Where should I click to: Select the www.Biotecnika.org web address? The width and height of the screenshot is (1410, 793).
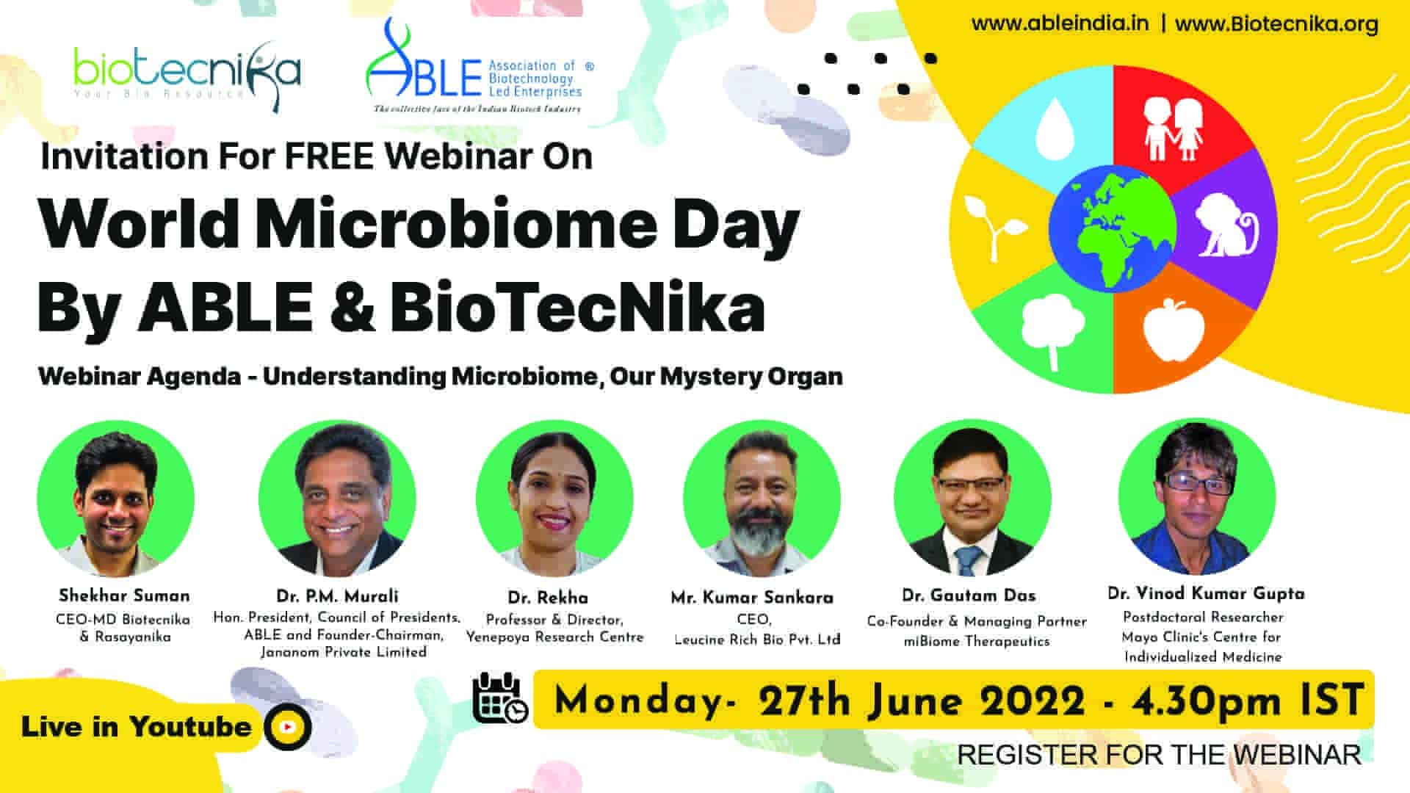[1276, 24]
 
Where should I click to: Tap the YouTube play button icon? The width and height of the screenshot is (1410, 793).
[288, 727]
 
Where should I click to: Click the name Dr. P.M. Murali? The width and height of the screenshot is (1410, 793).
[337, 596]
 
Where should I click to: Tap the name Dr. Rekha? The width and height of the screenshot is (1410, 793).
[547, 598]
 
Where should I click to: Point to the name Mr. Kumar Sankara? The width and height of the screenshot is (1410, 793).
[752, 598]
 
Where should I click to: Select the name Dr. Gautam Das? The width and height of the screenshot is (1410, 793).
[969, 595]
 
